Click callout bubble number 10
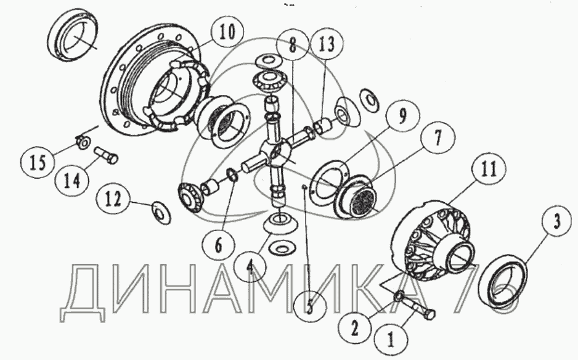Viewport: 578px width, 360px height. (x=227, y=32)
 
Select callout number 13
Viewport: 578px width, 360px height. (x=327, y=44)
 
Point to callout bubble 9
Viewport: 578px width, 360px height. (x=402, y=115)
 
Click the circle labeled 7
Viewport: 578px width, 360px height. (x=438, y=138)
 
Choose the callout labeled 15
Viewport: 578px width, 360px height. (x=38, y=162)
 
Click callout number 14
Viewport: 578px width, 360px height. (x=72, y=181)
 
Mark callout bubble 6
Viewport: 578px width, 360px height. (x=219, y=245)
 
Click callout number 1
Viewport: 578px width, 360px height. (x=391, y=339)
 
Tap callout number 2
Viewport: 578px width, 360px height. (x=354, y=327)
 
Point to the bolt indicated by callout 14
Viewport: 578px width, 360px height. (x=107, y=155)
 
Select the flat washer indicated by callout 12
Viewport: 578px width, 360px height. (x=161, y=213)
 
